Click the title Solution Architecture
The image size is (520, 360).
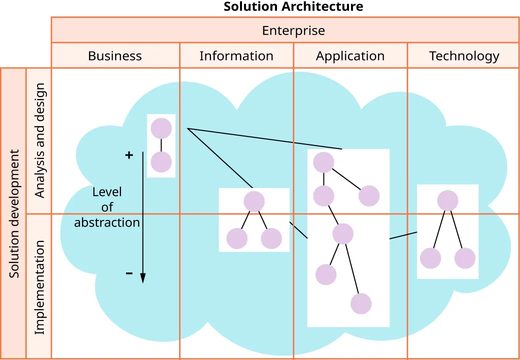pyautogui.click(x=293, y=6)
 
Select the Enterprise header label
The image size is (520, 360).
pyautogui.click(x=293, y=30)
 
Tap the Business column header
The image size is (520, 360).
pyautogui.click(x=115, y=56)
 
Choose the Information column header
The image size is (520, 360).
pyautogui.click(x=236, y=56)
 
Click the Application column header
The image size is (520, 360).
pyautogui.click(x=350, y=56)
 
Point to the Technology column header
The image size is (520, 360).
pyautogui.click(x=464, y=56)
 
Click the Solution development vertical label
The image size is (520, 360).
pyautogui.click(x=14, y=213)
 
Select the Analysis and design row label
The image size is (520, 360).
pyautogui.click(x=39, y=140)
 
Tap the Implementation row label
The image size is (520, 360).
pyautogui.click(x=39, y=287)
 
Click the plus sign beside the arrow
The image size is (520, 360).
pyautogui.click(x=129, y=155)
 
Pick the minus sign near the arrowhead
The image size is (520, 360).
pyautogui.click(x=129, y=273)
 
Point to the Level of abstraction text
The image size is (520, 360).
pyautogui.click(x=107, y=207)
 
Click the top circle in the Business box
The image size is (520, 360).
pyautogui.click(x=161, y=128)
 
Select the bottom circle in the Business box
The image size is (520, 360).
pyautogui.click(x=161, y=162)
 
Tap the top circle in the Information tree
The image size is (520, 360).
pyautogui.click(x=254, y=201)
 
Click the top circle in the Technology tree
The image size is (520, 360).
pyautogui.click(x=447, y=200)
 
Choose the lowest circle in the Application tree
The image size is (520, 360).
pyautogui.click(x=361, y=303)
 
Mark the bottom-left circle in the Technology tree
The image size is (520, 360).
pyautogui.click(x=430, y=258)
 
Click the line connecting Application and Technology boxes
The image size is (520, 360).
pyautogui.click(x=403, y=235)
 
